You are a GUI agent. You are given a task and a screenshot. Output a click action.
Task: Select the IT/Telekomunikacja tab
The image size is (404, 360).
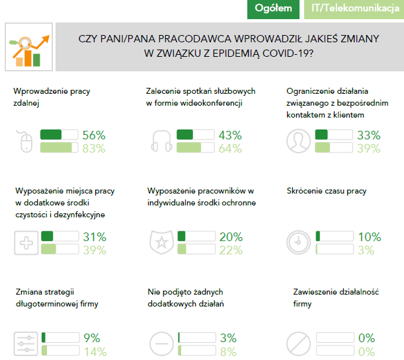point(354,9)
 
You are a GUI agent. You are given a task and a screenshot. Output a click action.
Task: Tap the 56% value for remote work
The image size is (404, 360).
point(94,135)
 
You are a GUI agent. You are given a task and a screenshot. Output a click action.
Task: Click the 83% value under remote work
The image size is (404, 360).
point(94,149)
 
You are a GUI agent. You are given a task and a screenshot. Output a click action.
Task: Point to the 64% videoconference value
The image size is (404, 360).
point(230,149)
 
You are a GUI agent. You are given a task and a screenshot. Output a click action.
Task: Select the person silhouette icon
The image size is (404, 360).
point(299,141)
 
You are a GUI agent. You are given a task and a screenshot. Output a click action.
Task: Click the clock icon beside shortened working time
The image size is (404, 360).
point(300,242)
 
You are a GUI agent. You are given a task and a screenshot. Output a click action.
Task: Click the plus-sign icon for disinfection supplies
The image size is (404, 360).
point(26,242)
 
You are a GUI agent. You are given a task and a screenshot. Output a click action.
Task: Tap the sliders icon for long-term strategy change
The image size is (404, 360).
point(26,344)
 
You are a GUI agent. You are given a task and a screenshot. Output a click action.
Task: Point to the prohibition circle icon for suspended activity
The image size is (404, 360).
point(299,344)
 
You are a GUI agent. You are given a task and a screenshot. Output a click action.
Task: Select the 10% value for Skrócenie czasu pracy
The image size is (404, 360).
point(369,237)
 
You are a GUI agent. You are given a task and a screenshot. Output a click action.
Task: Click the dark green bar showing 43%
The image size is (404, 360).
point(186,135)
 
